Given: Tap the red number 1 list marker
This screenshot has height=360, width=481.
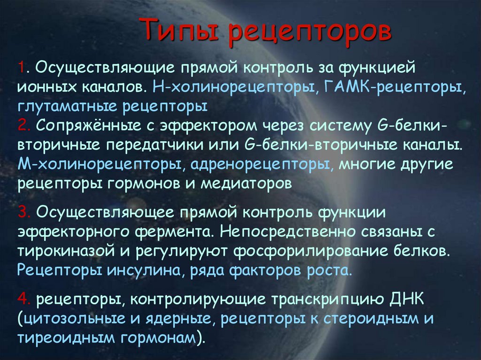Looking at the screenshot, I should point(22,68).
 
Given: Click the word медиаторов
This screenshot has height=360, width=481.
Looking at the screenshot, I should point(246,183).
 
